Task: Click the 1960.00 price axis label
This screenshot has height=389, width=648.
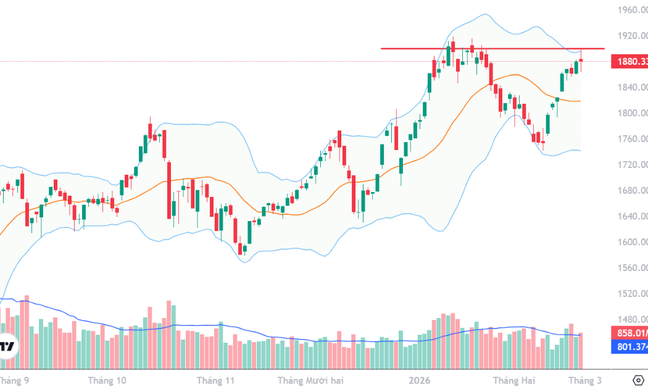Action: click(633, 10)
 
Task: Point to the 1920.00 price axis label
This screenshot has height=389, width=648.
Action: click(633, 36)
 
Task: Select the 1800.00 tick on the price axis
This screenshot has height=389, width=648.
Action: click(633, 113)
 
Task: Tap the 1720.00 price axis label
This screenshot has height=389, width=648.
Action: click(633, 165)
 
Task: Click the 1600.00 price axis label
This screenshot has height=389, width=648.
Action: click(633, 242)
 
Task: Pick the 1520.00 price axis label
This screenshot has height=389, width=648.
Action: click(633, 293)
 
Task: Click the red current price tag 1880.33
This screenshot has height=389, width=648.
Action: click(629, 62)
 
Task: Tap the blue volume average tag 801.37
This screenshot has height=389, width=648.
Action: click(629, 348)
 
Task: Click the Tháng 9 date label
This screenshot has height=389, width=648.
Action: click(13, 380)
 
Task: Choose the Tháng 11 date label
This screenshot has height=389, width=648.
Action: click(216, 380)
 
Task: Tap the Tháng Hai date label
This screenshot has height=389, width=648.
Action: click(512, 380)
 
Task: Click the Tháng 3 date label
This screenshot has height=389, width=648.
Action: click(584, 380)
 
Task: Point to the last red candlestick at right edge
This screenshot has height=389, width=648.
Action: click(581, 60)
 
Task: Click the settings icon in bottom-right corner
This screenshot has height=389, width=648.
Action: click(639, 380)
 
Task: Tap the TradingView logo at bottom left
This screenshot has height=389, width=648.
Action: click(7, 346)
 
